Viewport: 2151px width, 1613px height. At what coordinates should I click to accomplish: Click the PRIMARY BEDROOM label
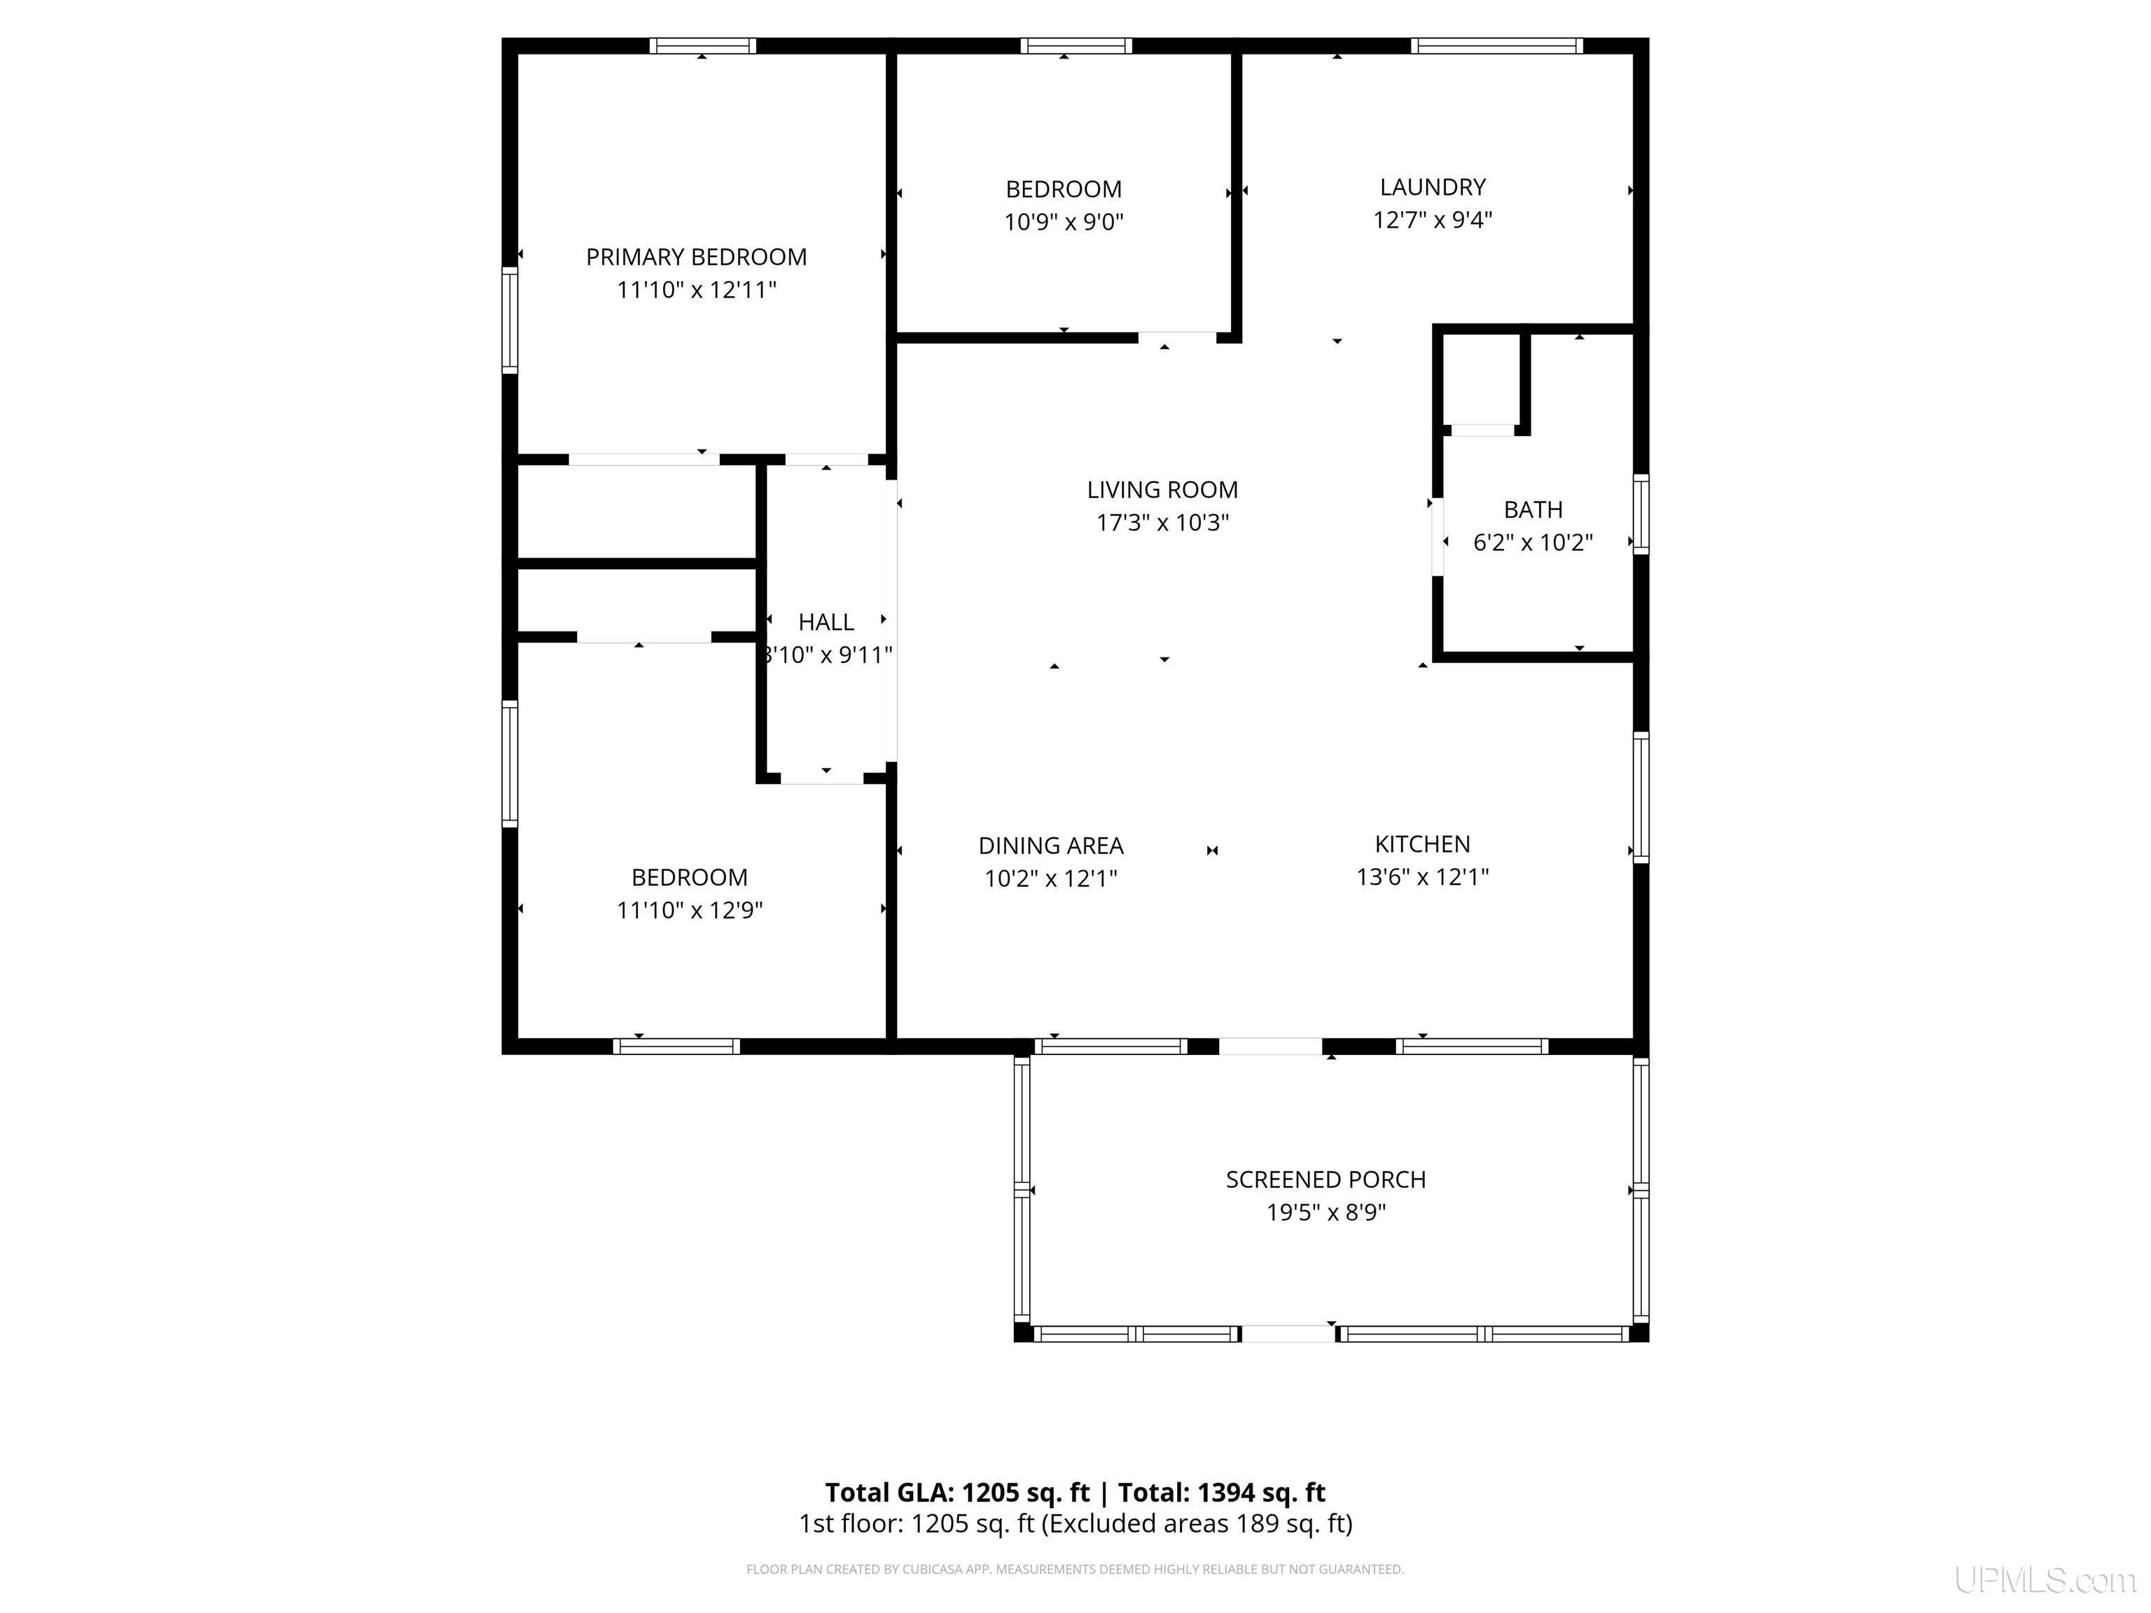(x=696, y=257)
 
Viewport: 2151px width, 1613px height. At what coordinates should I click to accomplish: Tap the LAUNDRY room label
(x=1433, y=187)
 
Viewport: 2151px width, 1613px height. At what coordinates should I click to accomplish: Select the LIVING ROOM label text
(x=1162, y=490)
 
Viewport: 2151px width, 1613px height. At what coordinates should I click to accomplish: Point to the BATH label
(x=1533, y=510)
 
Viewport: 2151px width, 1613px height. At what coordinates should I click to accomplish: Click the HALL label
(x=826, y=622)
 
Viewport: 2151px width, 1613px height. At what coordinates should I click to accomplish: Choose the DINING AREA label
(x=1050, y=846)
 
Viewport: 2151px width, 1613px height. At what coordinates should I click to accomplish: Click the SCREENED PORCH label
(x=1325, y=1180)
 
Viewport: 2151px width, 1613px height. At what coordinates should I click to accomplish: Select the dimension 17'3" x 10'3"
(x=1162, y=523)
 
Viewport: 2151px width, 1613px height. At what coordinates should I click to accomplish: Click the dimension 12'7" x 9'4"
(x=1433, y=220)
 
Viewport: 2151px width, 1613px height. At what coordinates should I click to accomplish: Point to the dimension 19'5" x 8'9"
(x=1325, y=1213)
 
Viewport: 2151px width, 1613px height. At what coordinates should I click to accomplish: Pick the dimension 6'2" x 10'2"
(x=1533, y=543)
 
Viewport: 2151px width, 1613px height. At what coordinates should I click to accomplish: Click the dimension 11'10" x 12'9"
(x=690, y=910)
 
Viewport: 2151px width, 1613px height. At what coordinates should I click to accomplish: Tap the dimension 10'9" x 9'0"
(x=1064, y=222)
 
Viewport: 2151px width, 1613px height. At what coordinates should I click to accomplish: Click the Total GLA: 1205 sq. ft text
(x=957, y=1493)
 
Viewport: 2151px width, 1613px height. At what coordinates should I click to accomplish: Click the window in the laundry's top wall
(x=1496, y=46)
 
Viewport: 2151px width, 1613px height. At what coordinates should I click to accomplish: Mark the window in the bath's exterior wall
(x=1641, y=515)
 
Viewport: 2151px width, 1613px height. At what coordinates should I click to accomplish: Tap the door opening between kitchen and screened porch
(x=1270, y=1046)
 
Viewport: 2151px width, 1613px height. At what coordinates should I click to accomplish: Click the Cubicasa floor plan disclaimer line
(x=1075, y=1568)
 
